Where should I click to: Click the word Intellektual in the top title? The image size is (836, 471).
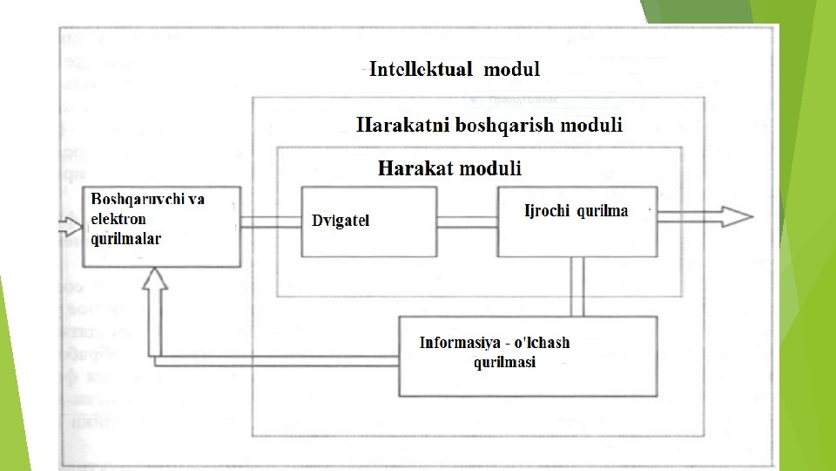pos(421,70)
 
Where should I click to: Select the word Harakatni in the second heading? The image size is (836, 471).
pos(403,125)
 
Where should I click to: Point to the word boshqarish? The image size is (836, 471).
pos(503,125)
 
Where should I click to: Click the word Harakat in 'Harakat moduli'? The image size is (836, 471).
pos(414,168)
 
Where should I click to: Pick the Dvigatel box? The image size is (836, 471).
pos(369,222)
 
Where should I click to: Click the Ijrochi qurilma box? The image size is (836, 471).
pos(577,222)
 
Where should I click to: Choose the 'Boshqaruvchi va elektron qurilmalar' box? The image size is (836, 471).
pos(161,226)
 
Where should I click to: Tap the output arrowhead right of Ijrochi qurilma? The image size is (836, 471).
pos(737,217)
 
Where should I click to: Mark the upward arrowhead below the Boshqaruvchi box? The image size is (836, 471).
pos(155,281)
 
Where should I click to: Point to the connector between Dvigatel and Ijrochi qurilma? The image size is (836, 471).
pos(467,222)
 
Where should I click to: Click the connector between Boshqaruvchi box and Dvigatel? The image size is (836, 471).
pos(271,222)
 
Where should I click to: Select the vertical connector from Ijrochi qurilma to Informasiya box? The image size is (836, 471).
pos(576,286)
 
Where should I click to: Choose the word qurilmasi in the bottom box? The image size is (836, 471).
pos(504,362)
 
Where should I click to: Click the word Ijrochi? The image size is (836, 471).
pos(548,210)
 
